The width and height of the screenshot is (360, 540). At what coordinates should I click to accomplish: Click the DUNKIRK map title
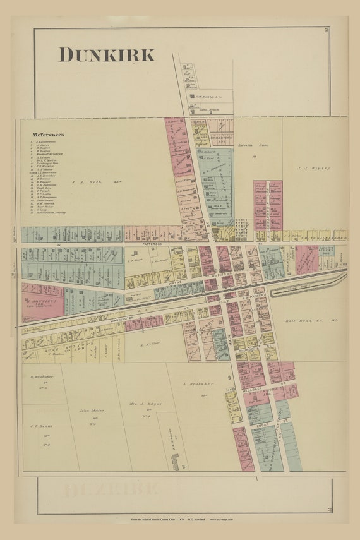107,55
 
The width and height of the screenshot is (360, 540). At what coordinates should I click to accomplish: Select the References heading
49,135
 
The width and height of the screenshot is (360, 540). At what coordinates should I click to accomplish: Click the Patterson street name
152,243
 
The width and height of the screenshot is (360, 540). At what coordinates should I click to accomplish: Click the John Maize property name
90,412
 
